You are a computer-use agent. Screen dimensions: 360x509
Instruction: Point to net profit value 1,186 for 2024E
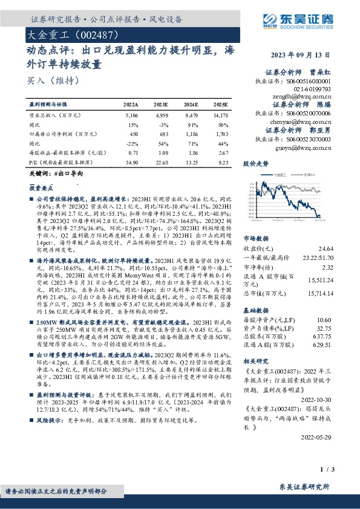[x=191, y=134]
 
